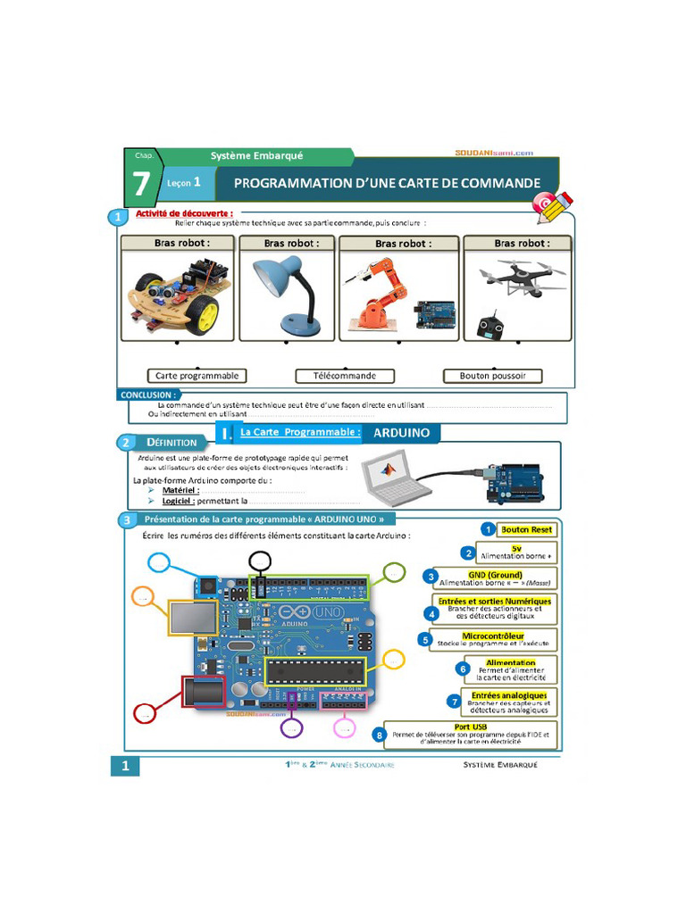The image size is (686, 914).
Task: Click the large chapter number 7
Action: (x=141, y=184)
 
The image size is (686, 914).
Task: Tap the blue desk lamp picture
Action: (x=287, y=294)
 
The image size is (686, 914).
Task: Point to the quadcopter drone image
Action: (x=520, y=278)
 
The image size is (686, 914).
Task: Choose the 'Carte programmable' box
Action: (x=197, y=376)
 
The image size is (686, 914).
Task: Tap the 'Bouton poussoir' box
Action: (x=493, y=376)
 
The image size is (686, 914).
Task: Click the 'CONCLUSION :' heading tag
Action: (x=148, y=395)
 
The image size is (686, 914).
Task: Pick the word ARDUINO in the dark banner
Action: (x=401, y=433)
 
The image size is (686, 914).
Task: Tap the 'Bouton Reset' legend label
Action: (x=527, y=529)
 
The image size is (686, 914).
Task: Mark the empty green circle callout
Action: (x=393, y=572)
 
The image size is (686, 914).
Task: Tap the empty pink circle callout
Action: (x=344, y=727)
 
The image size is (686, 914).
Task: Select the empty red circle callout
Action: (x=144, y=712)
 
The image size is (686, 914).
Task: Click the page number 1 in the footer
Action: (x=126, y=765)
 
